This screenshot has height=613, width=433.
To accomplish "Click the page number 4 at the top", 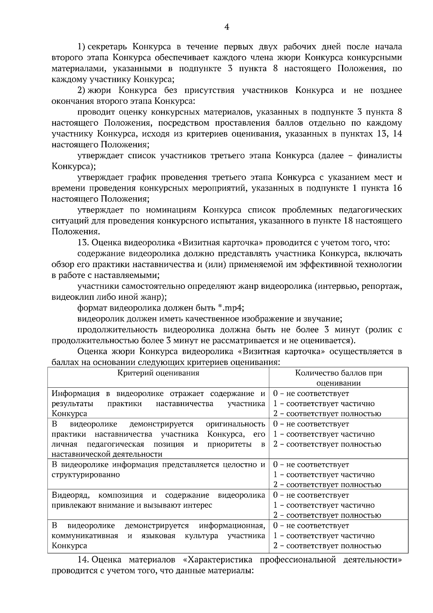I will click(x=227, y=27).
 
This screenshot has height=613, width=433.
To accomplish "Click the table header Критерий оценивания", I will click(x=158, y=373).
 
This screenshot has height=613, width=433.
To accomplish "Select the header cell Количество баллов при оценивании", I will click(x=338, y=378).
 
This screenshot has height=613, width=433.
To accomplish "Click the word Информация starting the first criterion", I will click(x=75, y=394).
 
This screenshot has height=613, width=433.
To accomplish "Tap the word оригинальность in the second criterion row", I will click(x=235, y=424).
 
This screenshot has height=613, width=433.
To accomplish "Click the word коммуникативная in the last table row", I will click(x=85, y=536).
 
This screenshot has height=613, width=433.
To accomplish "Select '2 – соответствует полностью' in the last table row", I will click(x=327, y=546).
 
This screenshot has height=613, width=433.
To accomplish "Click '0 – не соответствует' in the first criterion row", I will click(x=311, y=394).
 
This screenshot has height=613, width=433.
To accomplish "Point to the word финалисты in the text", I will click(x=379, y=156).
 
